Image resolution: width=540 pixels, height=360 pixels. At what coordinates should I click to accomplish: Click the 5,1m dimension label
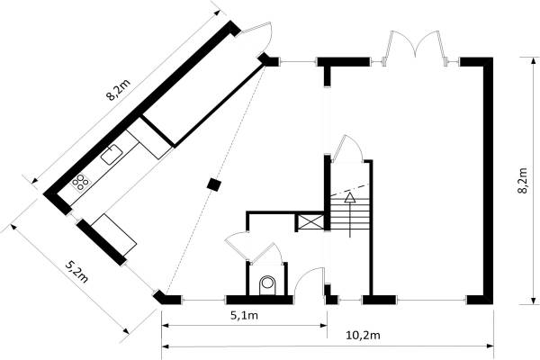[244, 315]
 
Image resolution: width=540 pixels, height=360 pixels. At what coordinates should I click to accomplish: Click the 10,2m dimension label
[363, 335]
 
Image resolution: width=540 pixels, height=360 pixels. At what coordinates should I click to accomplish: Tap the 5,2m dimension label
[76, 272]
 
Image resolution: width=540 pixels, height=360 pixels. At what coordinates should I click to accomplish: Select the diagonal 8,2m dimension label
[118, 90]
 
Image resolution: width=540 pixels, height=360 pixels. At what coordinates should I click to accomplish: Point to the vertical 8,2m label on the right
[522, 181]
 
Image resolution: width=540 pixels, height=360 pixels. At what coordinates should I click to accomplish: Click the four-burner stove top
[80, 182]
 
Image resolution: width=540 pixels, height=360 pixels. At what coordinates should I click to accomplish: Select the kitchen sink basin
[112, 154]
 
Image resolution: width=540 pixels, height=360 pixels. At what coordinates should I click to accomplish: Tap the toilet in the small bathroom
[267, 285]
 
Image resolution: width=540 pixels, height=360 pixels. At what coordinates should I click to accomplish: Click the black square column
[214, 184]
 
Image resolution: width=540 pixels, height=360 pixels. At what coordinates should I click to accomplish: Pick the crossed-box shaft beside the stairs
[310, 222]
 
